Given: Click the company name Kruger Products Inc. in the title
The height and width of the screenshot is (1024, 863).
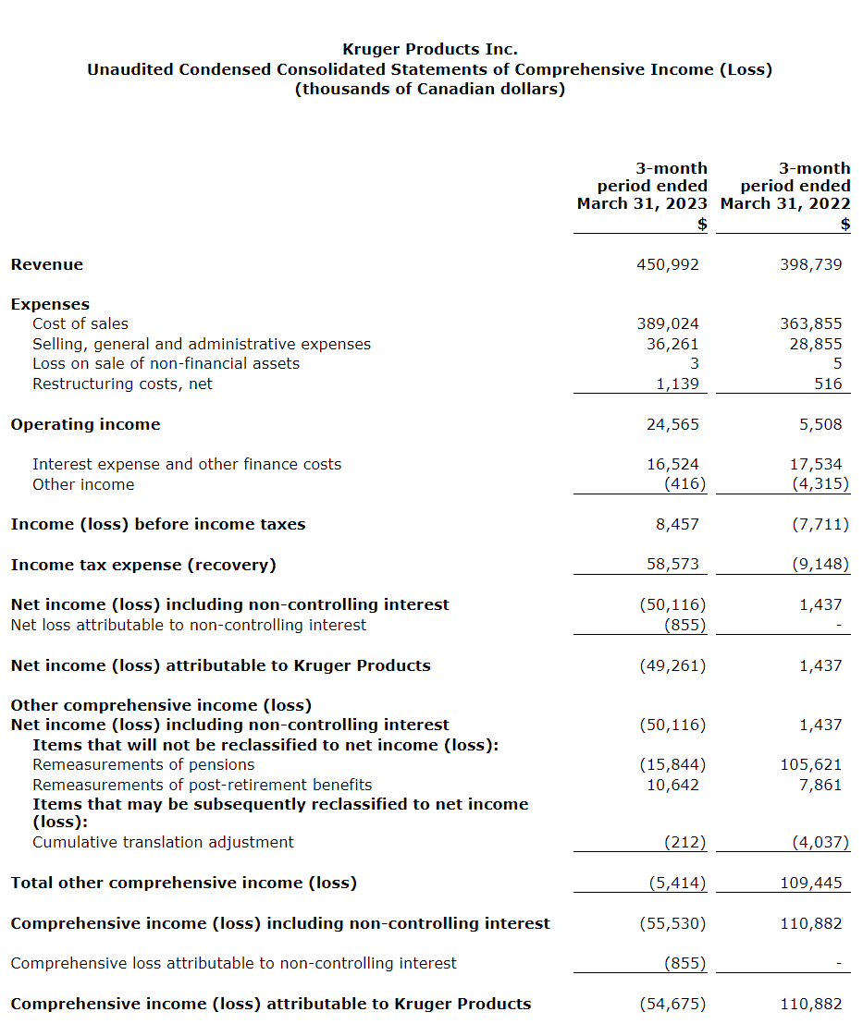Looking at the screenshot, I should tap(430, 49).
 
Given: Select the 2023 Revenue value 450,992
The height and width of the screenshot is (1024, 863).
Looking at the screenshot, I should tap(668, 264).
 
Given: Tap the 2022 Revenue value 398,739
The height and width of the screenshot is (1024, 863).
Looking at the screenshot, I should tap(811, 264).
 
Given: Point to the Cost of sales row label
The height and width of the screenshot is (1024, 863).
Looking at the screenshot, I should tap(80, 323).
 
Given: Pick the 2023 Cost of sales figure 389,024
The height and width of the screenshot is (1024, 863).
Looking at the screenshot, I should tap(668, 323).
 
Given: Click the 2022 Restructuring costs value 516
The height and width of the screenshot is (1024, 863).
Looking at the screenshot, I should tap(828, 384).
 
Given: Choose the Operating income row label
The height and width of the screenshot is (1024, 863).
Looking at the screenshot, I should tap(85, 424).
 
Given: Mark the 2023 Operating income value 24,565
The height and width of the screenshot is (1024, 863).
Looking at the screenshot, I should tap(672, 424).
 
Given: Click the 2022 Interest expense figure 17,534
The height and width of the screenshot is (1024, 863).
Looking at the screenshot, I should tap(811, 464).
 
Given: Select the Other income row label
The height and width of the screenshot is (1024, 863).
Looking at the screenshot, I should tap(83, 484).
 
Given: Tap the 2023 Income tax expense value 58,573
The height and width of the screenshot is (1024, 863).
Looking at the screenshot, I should tap(672, 565).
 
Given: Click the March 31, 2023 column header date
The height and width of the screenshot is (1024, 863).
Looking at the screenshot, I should tap(642, 203).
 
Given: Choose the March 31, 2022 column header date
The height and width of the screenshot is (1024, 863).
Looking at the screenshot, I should tap(785, 203).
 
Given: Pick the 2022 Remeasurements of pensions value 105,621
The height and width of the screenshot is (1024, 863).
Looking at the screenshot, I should tap(811, 764).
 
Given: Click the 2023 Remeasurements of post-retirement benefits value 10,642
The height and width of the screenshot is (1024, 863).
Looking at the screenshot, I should tap(672, 785).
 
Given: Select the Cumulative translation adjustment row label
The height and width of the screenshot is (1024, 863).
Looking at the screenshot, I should tap(163, 842).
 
